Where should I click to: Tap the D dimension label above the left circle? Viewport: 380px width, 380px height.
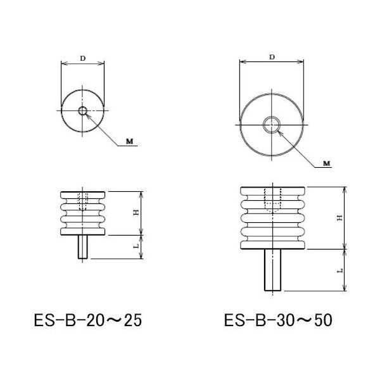pyautogui.click(x=84, y=58)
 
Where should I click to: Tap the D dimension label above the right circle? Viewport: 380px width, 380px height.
pyautogui.click(x=272, y=58)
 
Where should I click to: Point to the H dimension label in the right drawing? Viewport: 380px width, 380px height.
pyautogui.click(x=340, y=217)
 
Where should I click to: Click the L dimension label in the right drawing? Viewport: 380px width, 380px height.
pyautogui.click(x=340, y=270)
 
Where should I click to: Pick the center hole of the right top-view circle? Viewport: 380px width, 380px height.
pyautogui.click(x=272, y=123)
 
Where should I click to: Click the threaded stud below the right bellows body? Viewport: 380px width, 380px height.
pyautogui.click(x=272, y=270)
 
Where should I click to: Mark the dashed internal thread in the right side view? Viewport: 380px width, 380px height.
pyautogui.click(x=272, y=200)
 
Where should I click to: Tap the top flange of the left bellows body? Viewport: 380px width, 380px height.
pyautogui.click(x=83, y=193)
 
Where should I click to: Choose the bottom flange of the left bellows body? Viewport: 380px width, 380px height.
pyautogui.click(x=83, y=231)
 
